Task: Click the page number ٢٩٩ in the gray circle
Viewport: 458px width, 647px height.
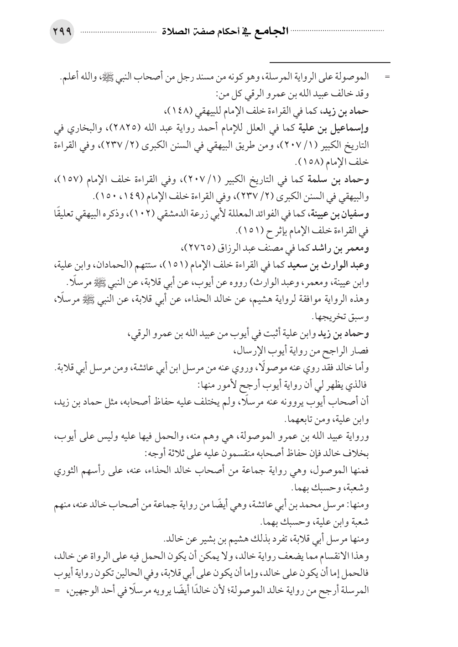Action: click(62, 32)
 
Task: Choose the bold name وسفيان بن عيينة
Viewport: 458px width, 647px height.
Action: click(348, 215)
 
